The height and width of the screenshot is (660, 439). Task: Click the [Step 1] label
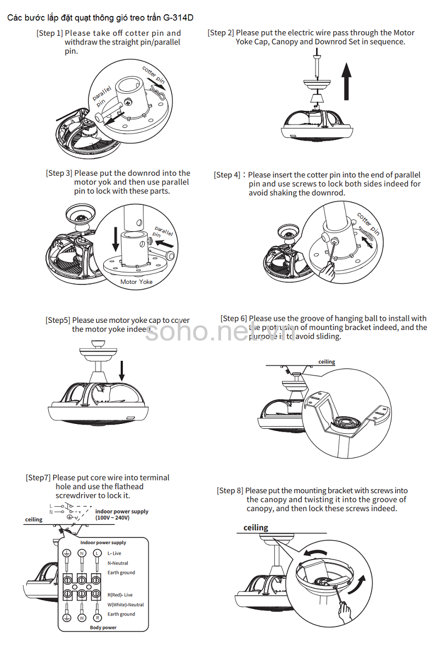click(x=49, y=33)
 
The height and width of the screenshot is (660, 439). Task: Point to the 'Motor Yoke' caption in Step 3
click(x=137, y=282)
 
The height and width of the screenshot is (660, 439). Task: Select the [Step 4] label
click(x=227, y=175)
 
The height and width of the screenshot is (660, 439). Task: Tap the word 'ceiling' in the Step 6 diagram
click(x=327, y=362)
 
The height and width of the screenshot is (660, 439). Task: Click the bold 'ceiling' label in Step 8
click(x=256, y=528)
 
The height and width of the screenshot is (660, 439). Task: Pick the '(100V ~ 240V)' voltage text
click(x=112, y=518)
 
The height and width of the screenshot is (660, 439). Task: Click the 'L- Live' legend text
click(x=114, y=553)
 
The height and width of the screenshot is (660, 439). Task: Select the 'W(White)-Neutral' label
click(x=126, y=605)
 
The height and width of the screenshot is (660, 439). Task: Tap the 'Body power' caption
click(x=103, y=627)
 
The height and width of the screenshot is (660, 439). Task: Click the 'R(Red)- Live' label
click(x=120, y=595)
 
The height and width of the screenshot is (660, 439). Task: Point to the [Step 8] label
click(x=230, y=490)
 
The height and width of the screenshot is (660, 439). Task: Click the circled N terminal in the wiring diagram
click(x=82, y=553)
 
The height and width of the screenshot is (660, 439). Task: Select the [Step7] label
click(x=38, y=478)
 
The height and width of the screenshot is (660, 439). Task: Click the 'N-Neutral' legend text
click(x=118, y=563)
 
